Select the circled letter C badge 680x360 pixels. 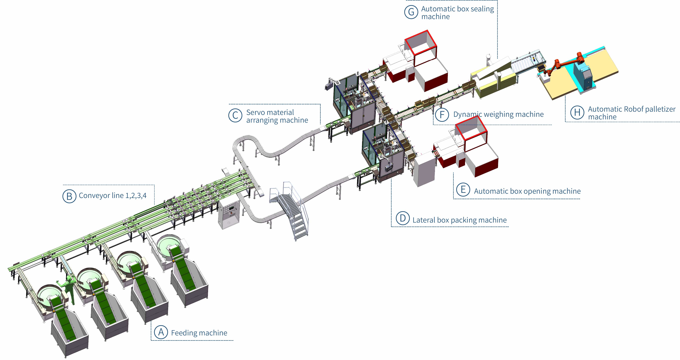(x=235, y=116)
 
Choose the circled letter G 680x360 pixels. (x=411, y=12)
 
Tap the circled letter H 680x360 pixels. (x=577, y=112)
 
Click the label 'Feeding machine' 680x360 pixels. (x=199, y=333)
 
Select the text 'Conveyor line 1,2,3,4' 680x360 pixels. (x=112, y=196)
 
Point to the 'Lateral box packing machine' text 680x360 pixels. (x=460, y=220)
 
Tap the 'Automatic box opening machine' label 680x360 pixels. (x=527, y=191)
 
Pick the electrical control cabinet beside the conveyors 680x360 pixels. (x=229, y=213)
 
